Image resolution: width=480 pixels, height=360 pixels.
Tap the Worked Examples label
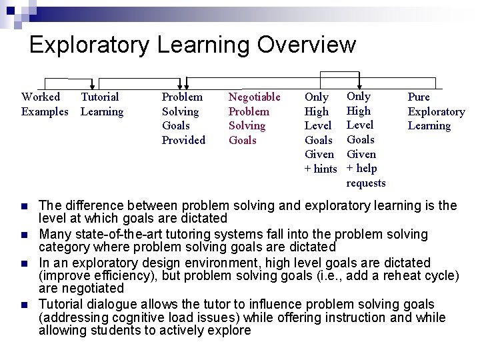pyautogui.click(x=44, y=104)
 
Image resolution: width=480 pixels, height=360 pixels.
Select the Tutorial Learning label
pyautogui.click(x=101, y=104)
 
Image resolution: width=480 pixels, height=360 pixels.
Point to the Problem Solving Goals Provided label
pyautogui.click(x=183, y=118)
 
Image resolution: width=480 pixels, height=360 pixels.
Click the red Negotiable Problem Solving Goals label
pyautogui.click(x=254, y=118)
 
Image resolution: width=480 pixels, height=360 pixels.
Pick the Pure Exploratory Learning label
pyautogui.click(x=436, y=111)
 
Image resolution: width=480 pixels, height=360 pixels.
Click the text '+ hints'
pyautogui.click(x=321, y=169)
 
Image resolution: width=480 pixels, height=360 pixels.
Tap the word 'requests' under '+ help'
pyautogui.click(x=366, y=183)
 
